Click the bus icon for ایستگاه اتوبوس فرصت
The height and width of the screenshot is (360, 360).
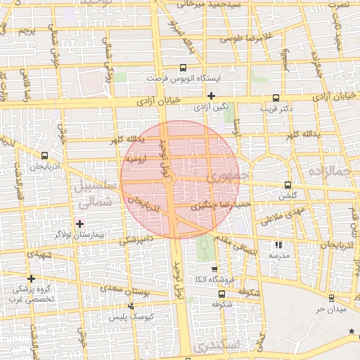point(183,68)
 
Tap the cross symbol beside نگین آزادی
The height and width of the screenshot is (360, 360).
point(211,96)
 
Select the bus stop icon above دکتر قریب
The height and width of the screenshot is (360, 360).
point(275,99)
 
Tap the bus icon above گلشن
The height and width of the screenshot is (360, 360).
point(286,185)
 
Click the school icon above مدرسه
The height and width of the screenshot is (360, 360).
point(278,245)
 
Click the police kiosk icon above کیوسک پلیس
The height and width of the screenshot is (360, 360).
point(131,306)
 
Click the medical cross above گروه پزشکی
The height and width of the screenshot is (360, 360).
point(31,278)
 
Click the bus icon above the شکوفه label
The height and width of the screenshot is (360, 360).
point(214,295)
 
